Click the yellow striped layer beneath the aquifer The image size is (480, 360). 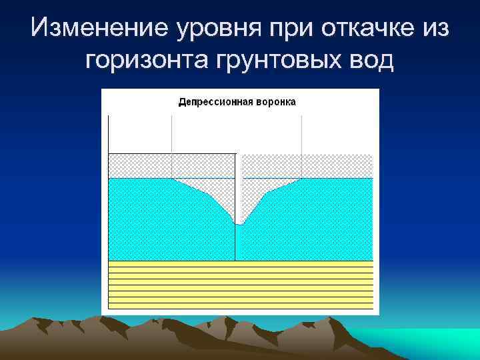tap(240, 283)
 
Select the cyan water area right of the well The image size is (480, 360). tap(313, 220)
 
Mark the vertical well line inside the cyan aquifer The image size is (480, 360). tap(235, 243)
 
